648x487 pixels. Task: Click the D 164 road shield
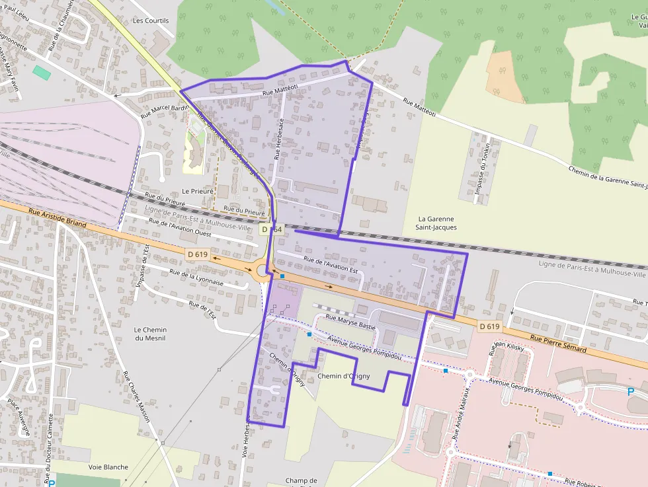(271, 229)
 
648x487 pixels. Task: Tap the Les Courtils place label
(151, 20)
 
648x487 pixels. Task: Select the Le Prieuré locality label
(198, 191)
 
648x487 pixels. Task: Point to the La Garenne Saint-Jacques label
(436, 223)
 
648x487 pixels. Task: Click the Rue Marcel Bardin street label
(165, 108)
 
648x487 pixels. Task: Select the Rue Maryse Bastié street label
(351, 322)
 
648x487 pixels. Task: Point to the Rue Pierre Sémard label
(558, 344)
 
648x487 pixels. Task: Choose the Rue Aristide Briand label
(58, 219)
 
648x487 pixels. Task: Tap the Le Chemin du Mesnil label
(150, 334)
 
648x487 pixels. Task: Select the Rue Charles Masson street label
(136, 396)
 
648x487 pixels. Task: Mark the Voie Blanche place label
(108, 467)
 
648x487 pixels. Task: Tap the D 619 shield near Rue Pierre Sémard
(490, 326)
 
